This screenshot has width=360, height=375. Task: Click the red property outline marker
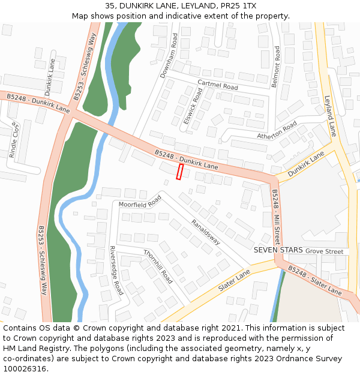(x=179, y=172)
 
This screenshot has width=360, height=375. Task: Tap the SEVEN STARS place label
(x=278, y=250)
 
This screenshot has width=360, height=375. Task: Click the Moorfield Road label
(x=140, y=201)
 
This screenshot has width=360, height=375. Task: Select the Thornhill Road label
(x=158, y=266)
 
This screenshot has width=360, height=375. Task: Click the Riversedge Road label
(x=116, y=271)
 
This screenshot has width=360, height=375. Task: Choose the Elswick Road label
(x=193, y=106)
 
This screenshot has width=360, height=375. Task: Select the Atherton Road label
(x=277, y=131)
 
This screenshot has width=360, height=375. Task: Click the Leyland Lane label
(x=330, y=116)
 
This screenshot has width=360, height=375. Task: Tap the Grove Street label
(x=324, y=251)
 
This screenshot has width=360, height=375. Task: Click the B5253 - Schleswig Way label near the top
(x=85, y=66)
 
